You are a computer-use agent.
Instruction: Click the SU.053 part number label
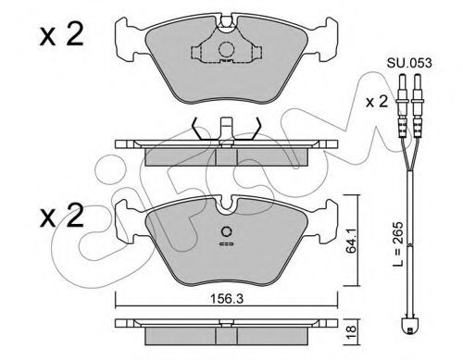pyautogui.click(x=409, y=63)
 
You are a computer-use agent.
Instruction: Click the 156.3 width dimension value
pyautogui.click(x=227, y=299)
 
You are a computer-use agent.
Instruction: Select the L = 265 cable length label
pyautogui.click(x=398, y=244)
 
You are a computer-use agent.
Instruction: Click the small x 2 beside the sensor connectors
pyautogui.click(x=376, y=102)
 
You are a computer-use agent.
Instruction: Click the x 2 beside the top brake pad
pyautogui.click(x=61, y=35)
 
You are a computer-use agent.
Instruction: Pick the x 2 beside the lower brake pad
pyautogui.click(x=61, y=216)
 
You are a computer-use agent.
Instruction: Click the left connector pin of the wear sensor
pyautogui.click(x=402, y=106)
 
